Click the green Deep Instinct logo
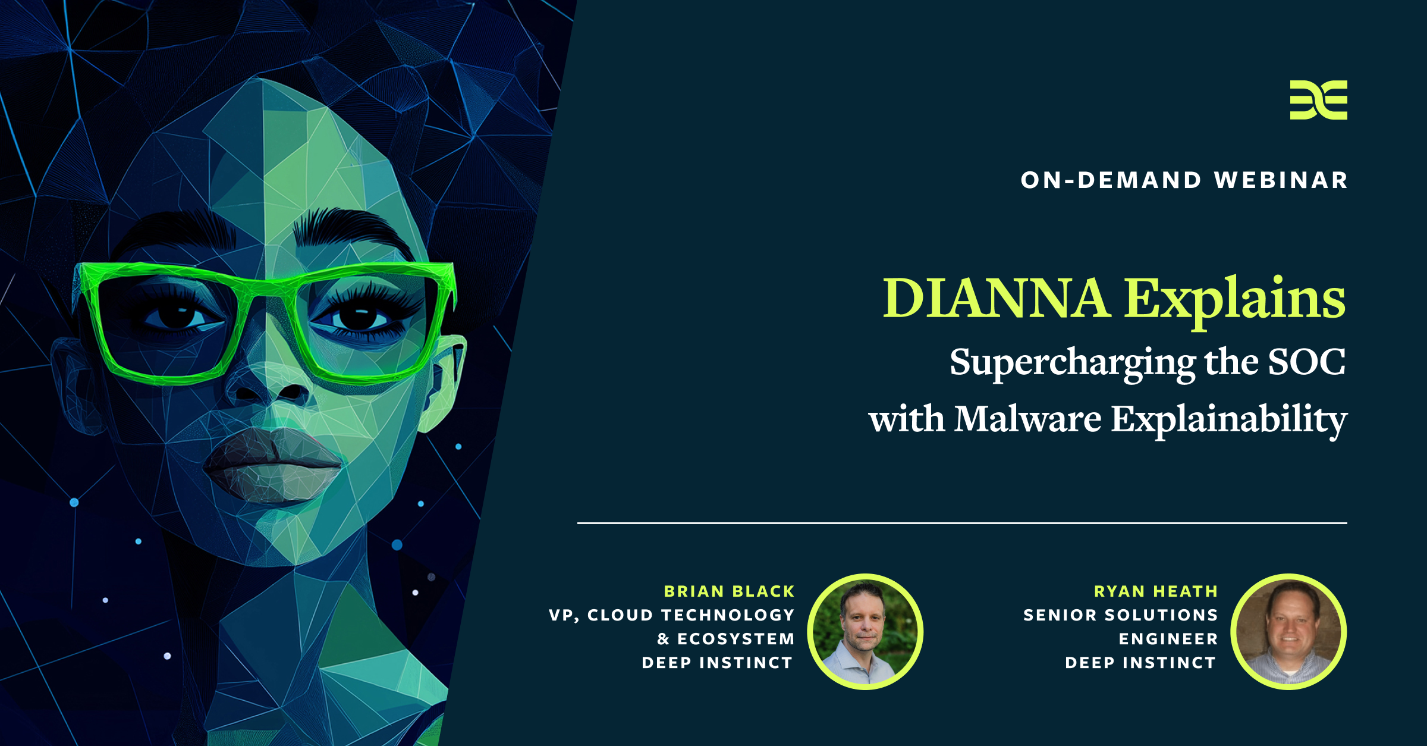click(1318, 100)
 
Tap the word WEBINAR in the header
click(1281, 180)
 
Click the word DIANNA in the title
click(997, 298)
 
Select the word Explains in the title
click(1234, 300)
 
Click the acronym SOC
click(1306, 362)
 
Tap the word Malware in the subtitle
click(1027, 419)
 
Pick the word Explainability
click(1229, 421)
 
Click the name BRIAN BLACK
click(729, 591)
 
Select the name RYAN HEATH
click(1156, 591)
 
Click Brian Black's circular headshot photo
click(865, 632)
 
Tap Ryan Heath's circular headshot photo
click(1288, 632)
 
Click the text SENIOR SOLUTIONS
click(1121, 615)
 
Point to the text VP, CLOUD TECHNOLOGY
click(672, 615)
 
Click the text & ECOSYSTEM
click(726, 639)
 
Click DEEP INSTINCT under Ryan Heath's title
click(1140, 663)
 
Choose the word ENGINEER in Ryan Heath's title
click(1168, 639)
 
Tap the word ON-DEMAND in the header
click(1111, 180)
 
